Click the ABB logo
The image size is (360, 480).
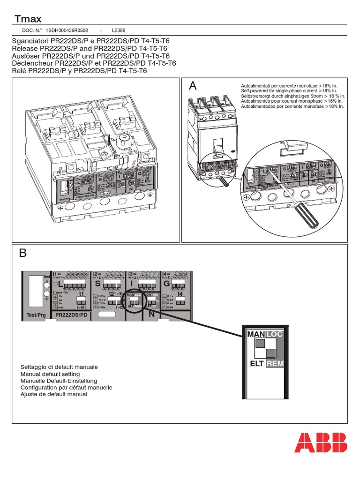[x=321, y=442]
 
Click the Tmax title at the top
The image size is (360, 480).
[x=28, y=19]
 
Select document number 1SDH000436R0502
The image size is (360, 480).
[x=67, y=30]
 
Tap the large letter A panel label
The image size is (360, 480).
[x=193, y=86]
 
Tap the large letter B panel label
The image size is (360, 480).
[x=23, y=254]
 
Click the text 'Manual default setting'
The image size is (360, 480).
[x=50, y=375]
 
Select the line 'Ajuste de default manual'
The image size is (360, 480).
[x=54, y=395]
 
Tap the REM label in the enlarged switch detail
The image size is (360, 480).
[x=275, y=364]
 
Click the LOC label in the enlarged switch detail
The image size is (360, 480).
[x=275, y=333]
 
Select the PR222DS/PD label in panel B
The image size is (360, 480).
[x=71, y=315]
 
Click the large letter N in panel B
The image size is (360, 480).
[x=151, y=315]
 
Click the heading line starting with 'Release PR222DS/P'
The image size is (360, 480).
[x=89, y=48]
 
